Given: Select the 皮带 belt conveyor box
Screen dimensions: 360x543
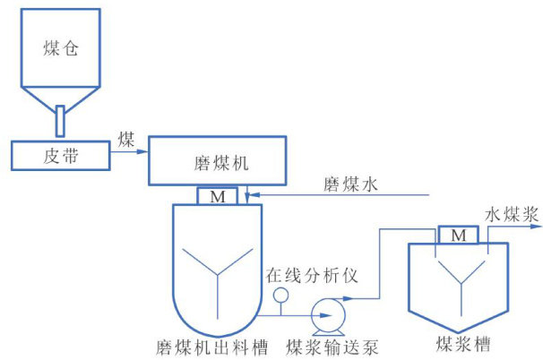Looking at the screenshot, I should click(60, 155).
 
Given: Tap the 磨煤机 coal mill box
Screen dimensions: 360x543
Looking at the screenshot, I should click(220, 163).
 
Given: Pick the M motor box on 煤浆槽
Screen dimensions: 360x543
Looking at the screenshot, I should click(459, 235).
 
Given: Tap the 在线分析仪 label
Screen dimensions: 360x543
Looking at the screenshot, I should click(312, 274).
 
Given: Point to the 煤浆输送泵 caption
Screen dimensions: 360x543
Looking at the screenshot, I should click(324, 346).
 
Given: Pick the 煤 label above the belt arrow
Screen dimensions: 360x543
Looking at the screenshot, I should click(125, 139).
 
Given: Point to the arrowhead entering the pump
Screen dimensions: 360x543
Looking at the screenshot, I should click(306, 314).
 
